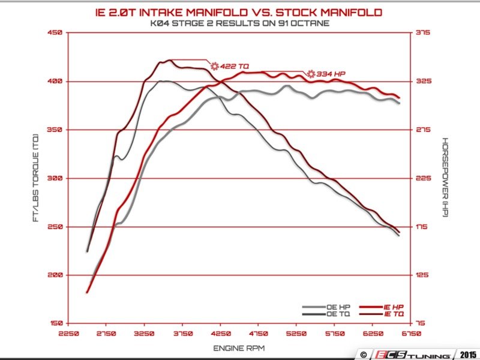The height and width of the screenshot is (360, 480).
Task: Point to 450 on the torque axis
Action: point(55,33)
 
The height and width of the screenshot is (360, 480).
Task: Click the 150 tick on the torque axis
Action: point(55,323)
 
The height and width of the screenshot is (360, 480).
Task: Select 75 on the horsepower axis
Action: point(421,323)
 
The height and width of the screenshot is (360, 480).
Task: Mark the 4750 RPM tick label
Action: point(259,333)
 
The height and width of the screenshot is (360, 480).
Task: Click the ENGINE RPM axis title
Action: point(239,348)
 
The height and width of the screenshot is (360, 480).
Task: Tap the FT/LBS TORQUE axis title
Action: point(37,178)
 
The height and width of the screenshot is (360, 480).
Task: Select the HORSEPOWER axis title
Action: point(445,178)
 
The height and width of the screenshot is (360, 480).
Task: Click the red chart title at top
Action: point(239,11)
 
